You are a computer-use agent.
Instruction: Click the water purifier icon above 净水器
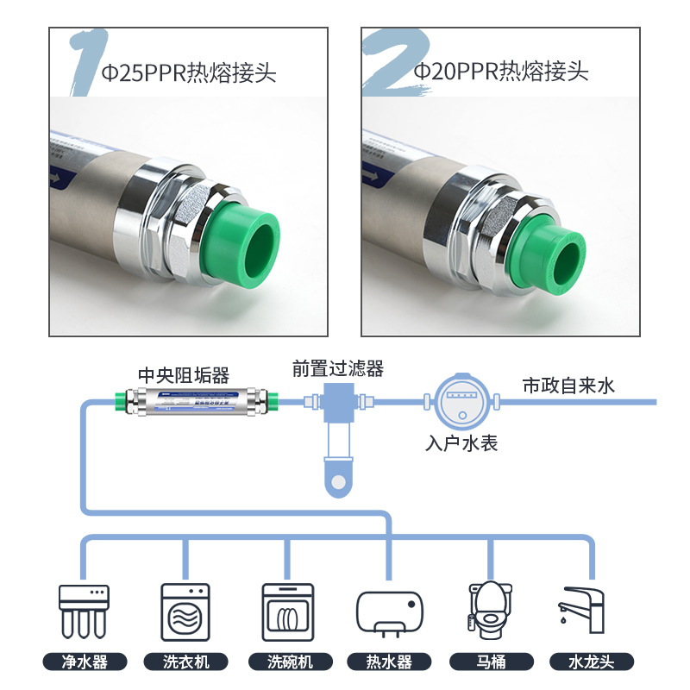pyautogui.click(x=85, y=611)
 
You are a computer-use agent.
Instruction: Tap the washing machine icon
pyautogui.click(x=185, y=611)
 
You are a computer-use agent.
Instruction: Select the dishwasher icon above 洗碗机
pyautogui.click(x=286, y=611)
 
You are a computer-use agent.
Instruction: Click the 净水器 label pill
pyautogui.click(x=85, y=662)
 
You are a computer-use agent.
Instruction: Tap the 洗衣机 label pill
pyautogui.click(x=185, y=662)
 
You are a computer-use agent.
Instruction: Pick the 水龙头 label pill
pyautogui.click(x=591, y=662)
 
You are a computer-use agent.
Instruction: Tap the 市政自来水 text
pyautogui.click(x=568, y=386)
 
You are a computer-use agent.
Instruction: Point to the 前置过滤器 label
pyautogui.click(x=337, y=368)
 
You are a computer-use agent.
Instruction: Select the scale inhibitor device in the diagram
pyautogui.click(x=202, y=401)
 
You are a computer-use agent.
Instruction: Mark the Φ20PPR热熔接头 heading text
pyautogui.click(x=500, y=72)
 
